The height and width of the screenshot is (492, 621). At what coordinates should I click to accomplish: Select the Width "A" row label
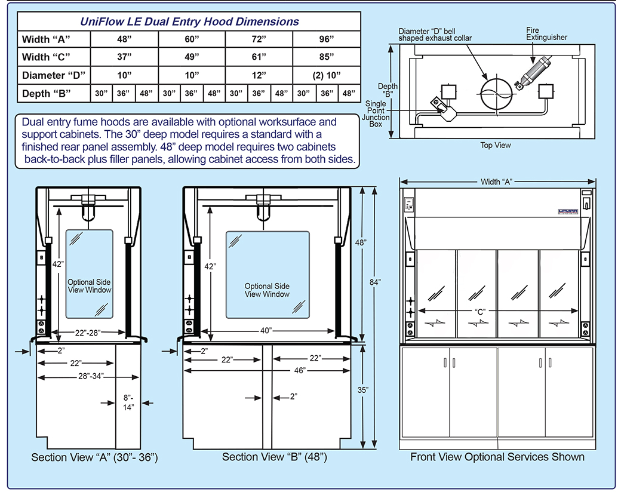coord(47,39)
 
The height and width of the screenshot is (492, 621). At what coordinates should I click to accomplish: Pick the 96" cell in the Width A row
coord(326,39)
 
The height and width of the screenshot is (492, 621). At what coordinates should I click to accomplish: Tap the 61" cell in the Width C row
coord(259,57)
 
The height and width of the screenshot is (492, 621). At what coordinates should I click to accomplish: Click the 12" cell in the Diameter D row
coord(259,75)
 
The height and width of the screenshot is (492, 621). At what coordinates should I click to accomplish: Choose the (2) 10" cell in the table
coord(326,75)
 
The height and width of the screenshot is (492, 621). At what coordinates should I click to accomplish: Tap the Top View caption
coord(496,145)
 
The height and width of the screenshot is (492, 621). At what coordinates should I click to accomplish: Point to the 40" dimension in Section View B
coord(266,330)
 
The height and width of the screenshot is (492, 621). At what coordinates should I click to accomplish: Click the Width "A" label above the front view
coord(497,182)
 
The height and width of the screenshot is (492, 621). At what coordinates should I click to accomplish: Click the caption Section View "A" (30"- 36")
coord(94,457)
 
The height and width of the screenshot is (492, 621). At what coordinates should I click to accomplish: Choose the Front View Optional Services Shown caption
coord(497,457)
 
